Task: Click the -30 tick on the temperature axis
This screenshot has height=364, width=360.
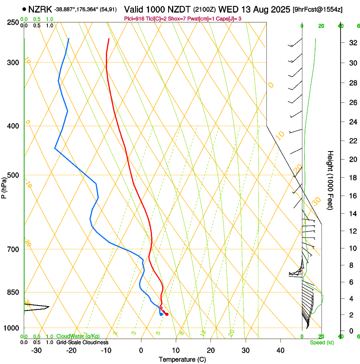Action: [36, 350]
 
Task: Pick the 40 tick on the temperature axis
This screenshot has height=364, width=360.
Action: [280, 350]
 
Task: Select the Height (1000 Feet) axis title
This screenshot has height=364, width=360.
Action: [331, 180]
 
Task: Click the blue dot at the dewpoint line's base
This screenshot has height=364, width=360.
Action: [161, 314]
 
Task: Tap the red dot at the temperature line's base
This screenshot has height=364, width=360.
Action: [167, 314]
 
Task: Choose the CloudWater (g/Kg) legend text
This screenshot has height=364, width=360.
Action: [78, 336]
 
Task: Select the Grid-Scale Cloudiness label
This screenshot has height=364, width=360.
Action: [82, 342]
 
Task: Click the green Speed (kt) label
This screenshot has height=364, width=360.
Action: [321, 342]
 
